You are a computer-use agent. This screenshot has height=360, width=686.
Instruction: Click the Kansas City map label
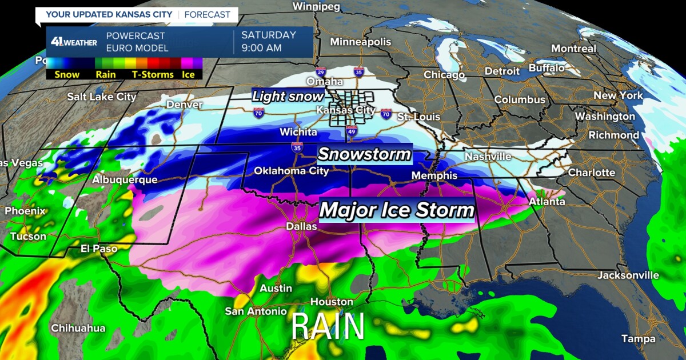(346, 110)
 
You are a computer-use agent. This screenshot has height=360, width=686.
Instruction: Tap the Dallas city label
(301, 227)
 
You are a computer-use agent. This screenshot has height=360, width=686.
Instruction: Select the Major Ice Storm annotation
(397, 210)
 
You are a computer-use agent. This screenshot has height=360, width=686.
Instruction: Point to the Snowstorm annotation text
(364, 154)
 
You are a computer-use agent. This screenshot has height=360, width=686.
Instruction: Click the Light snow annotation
(288, 96)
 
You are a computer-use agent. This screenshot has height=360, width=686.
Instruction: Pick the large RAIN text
(328, 327)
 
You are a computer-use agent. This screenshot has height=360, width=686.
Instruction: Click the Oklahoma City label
(291, 171)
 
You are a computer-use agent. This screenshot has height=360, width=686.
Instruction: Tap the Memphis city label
(434, 175)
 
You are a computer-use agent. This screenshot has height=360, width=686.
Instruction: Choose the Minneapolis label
(360, 42)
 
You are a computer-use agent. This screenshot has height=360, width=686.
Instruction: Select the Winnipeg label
(316, 7)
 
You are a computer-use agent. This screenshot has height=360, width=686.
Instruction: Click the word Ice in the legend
(188, 74)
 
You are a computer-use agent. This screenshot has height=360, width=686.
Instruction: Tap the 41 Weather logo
(73, 42)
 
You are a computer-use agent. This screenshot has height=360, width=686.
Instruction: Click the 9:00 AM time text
(262, 48)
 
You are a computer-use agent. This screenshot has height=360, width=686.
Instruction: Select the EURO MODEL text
(137, 48)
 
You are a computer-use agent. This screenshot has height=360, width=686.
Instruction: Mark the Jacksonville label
(628, 275)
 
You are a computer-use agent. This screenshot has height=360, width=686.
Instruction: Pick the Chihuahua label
(78, 328)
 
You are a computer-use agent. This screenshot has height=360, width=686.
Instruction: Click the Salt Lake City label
(102, 97)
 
